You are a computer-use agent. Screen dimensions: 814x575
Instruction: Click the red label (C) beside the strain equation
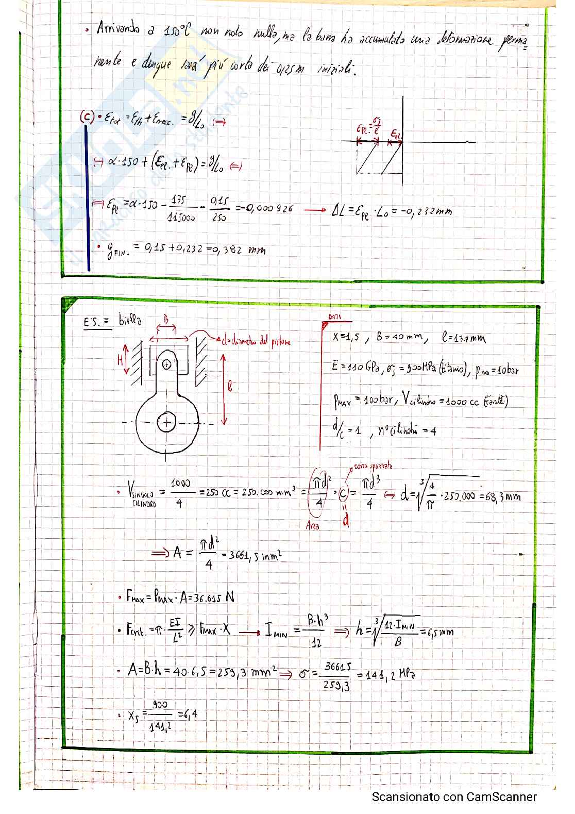click(86, 117)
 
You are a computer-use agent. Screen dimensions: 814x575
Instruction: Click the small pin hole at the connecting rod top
click(166, 364)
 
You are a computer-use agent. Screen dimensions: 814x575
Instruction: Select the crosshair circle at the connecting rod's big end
click(166, 423)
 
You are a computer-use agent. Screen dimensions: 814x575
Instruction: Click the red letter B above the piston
click(166, 320)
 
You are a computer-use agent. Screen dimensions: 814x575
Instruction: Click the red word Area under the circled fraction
click(312, 526)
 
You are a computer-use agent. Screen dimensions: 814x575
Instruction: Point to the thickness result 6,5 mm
click(437, 632)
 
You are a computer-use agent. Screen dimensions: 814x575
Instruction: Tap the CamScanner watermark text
click(454, 797)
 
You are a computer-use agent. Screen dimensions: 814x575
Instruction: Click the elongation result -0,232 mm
click(425, 210)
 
